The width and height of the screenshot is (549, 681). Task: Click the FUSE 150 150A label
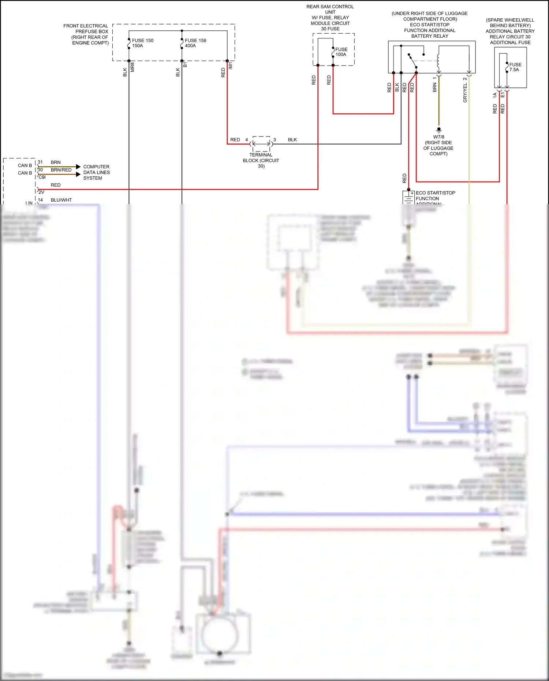[x=142, y=43]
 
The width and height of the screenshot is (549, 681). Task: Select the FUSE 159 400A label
[x=195, y=43]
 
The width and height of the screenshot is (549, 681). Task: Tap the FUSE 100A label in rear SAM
[x=341, y=52]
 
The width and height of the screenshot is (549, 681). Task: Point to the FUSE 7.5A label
[x=515, y=67]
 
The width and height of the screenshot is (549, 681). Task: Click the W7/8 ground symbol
[x=439, y=130]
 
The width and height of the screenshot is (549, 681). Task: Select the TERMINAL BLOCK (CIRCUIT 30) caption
[x=261, y=160]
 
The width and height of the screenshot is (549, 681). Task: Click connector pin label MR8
[x=132, y=67]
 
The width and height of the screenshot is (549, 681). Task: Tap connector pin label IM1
[x=231, y=66]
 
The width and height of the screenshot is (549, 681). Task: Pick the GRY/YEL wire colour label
[x=465, y=93]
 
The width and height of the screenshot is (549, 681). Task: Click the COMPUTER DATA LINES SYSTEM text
[x=96, y=172]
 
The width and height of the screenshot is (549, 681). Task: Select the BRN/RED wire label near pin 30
[x=61, y=170]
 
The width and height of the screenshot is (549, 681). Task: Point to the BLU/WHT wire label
[x=61, y=200]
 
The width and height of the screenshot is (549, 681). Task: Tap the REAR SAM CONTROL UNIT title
[x=330, y=9]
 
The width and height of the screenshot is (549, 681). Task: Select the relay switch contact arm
[x=413, y=62]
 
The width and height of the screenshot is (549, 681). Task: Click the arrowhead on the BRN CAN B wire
[x=78, y=167]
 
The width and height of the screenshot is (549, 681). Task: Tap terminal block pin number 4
[x=247, y=140]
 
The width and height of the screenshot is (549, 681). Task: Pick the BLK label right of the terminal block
[x=292, y=140]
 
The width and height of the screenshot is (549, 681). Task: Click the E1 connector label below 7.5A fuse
[x=503, y=95]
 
